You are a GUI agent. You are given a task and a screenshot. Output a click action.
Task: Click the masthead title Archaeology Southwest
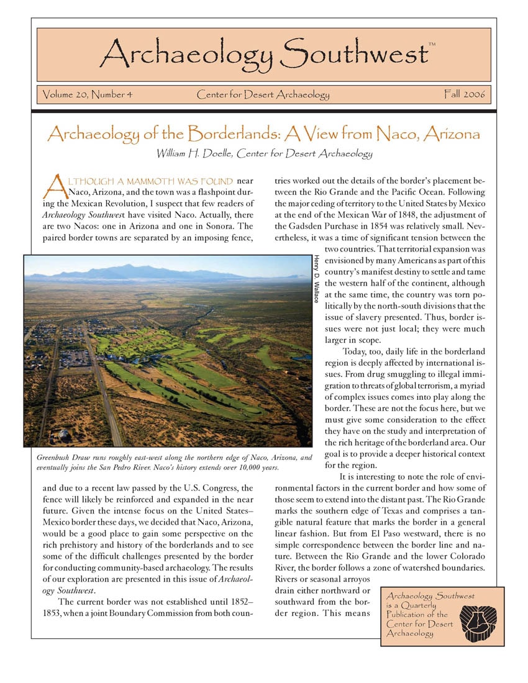pyautogui.click(x=263, y=55)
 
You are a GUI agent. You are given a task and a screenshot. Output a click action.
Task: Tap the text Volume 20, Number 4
pyautogui.click(x=87, y=95)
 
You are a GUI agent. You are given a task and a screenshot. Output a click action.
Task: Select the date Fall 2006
pyautogui.click(x=464, y=95)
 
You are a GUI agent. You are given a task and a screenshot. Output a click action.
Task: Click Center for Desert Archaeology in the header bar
pyautogui.click(x=263, y=95)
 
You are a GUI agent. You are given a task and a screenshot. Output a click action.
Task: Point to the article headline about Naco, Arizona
pyautogui.click(x=263, y=133)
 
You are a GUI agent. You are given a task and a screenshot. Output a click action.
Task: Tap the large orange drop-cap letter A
pyautogui.click(x=55, y=184)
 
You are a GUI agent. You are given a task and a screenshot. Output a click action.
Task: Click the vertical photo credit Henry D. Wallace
pyautogui.click(x=317, y=279)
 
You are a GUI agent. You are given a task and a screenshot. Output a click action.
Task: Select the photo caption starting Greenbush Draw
pyautogui.click(x=166, y=462)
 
